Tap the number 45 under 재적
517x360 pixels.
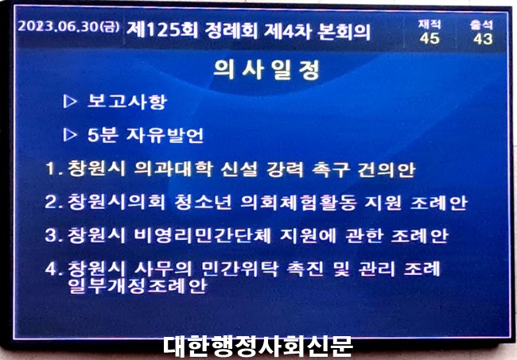coord(430,38)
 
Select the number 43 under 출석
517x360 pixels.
coord(483,39)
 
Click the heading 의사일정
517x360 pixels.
coord(266,69)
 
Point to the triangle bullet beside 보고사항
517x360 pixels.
coord(69,102)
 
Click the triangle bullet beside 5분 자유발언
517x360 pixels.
coord(69,135)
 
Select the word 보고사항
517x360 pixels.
coord(127,101)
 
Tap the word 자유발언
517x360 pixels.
coord(165,135)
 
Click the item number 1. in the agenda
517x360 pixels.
coord(54,168)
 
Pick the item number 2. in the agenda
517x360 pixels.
coord(54,202)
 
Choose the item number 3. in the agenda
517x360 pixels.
coord(54,235)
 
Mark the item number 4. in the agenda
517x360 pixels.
coord(54,269)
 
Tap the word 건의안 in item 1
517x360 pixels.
coord(387,169)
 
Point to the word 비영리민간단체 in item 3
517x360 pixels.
coord(203,235)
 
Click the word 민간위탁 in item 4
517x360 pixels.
coord(240,269)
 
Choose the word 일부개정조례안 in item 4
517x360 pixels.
coord(138,285)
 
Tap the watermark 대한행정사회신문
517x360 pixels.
coord(258,346)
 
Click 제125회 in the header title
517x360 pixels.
coord(162,30)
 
